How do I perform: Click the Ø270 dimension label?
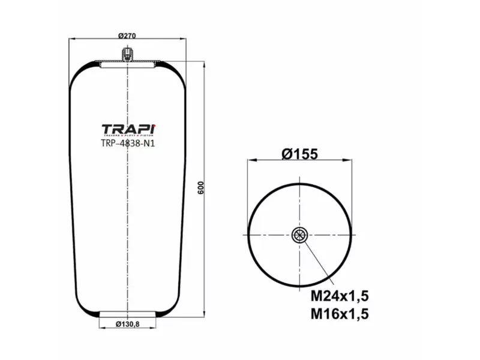(x=128, y=35)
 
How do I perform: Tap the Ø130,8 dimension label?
(x=127, y=325)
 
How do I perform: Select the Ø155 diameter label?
(x=299, y=154)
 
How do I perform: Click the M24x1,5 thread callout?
(x=339, y=296)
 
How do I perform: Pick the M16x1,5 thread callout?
(x=339, y=313)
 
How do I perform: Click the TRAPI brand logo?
(x=128, y=130)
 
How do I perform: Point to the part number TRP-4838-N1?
(x=128, y=143)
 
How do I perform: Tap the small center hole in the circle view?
(x=299, y=235)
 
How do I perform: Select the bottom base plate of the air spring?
(x=127, y=314)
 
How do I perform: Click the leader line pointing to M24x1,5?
(x=318, y=263)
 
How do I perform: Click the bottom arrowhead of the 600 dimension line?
(x=205, y=314)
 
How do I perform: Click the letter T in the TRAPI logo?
(x=106, y=130)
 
